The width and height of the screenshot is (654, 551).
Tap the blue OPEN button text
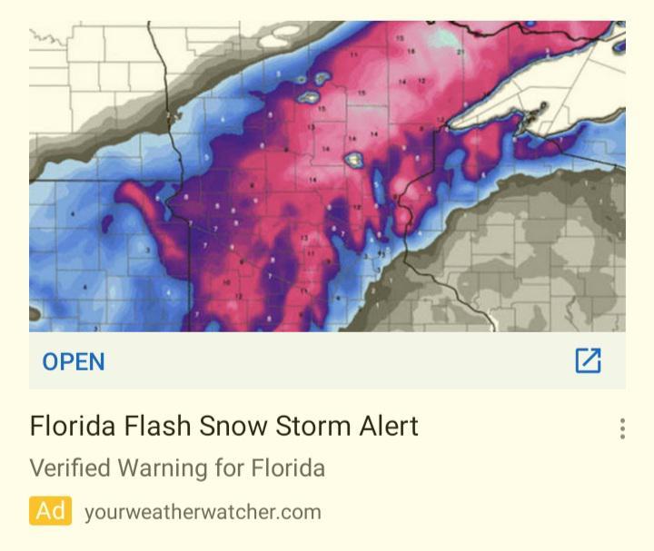click(x=74, y=361)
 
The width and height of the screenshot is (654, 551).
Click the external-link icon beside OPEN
click(x=588, y=360)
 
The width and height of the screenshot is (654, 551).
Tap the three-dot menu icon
click(x=622, y=428)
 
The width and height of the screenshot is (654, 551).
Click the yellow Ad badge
click(x=50, y=511)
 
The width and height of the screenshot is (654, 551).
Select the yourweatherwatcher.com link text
click(x=203, y=512)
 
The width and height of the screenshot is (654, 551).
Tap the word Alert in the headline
click(x=385, y=426)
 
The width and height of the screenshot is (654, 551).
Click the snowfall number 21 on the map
click(x=461, y=52)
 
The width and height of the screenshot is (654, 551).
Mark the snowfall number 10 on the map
click(x=226, y=283)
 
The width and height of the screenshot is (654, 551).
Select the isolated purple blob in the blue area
click(x=106, y=221)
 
